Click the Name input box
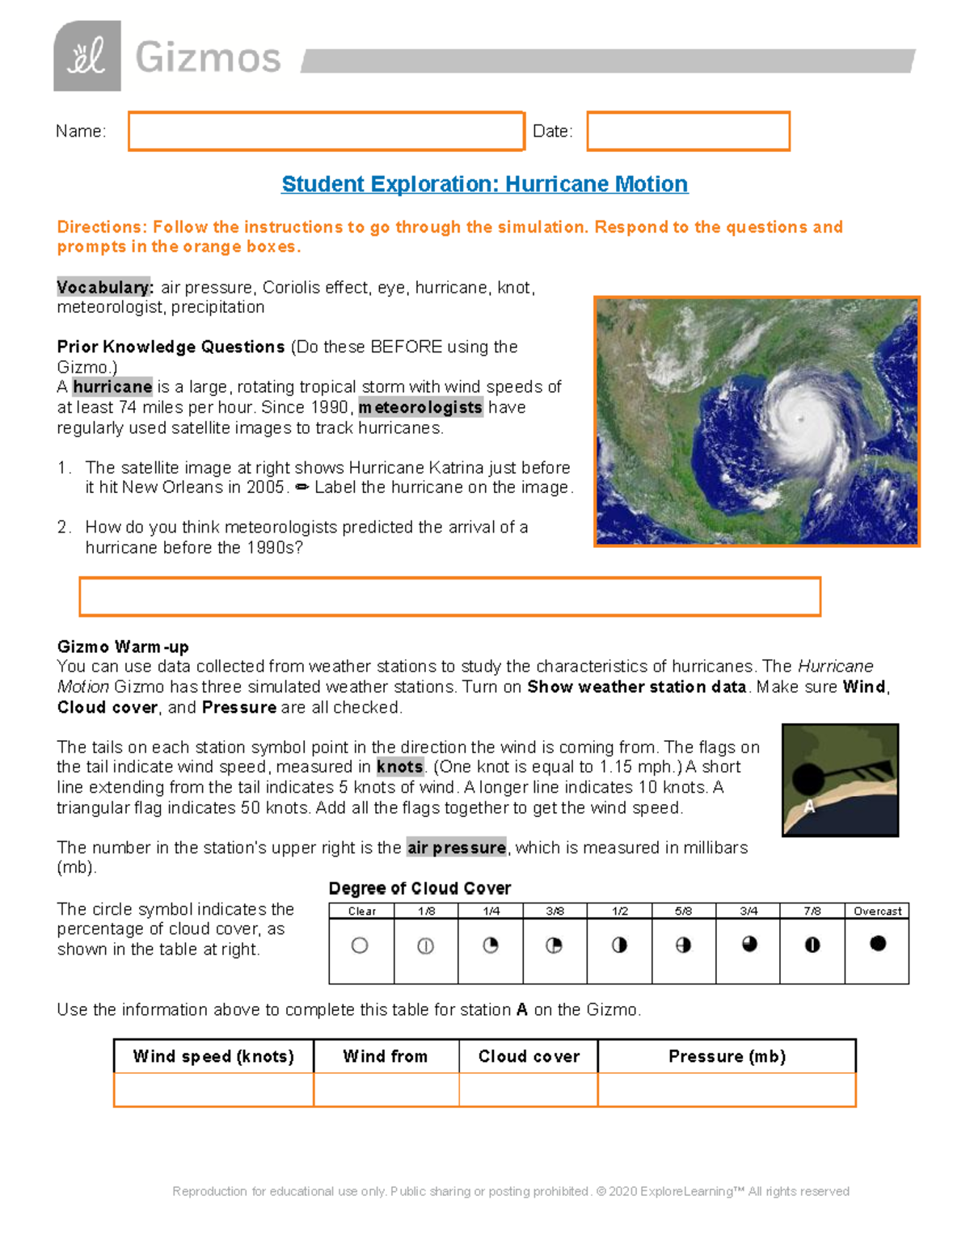tap(326, 131)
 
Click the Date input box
tap(688, 131)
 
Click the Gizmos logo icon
tap(87, 57)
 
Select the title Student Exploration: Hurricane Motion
tap(484, 184)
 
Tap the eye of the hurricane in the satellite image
tap(800, 418)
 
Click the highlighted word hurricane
tap(112, 387)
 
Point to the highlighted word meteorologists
tap(420, 407)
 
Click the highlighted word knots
tap(399, 767)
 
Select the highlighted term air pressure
tap(457, 848)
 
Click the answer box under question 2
tap(449, 596)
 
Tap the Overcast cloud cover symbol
tap(878, 943)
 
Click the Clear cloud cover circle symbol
tap(360, 945)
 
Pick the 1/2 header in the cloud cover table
tap(620, 911)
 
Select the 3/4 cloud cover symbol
tap(749, 944)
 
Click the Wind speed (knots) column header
tap(213, 1056)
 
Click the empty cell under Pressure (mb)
tap(727, 1089)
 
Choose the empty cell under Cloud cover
tap(529, 1089)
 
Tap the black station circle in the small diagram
tap(808, 778)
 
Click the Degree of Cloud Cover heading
tap(420, 888)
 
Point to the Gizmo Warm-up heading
tap(123, 646)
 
